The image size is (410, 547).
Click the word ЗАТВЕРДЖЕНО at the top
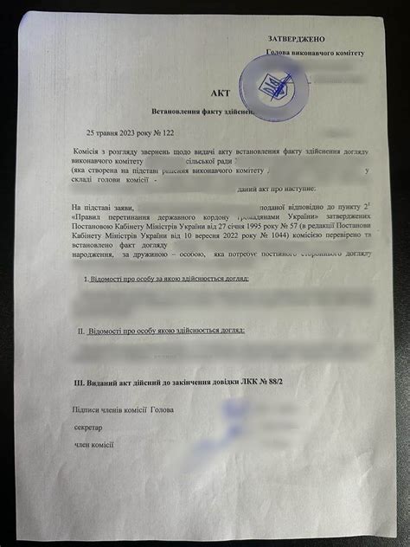tap(296, 40)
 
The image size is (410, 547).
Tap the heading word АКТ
tap(221, 93)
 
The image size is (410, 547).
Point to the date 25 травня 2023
tap(113, 132)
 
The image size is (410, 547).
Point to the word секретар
tap(88, 428)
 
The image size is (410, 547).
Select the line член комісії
tap(95, 445)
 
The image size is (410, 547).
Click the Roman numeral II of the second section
tap(81, 330)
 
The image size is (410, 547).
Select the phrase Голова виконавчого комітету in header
tap(315, 53)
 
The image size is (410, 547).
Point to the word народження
tap(90, 254)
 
